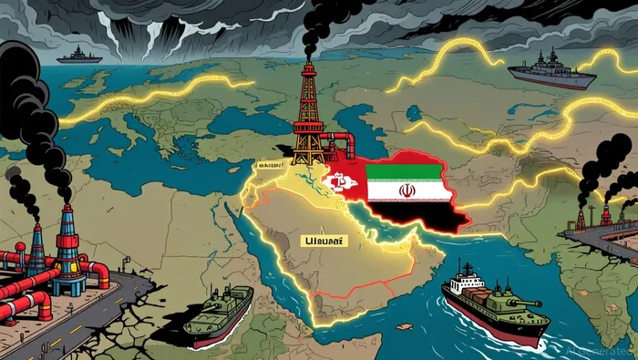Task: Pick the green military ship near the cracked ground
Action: pos(220,308)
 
